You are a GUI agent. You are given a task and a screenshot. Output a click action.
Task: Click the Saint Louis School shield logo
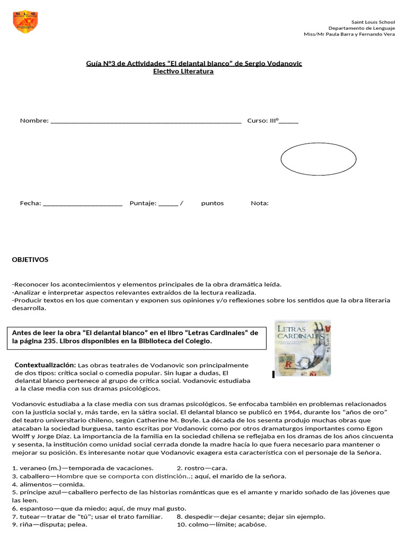pos(25,22)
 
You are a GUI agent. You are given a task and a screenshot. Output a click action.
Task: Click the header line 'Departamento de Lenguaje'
pos(361,28)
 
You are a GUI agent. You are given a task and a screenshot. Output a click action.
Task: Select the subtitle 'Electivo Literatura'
pos(183,71)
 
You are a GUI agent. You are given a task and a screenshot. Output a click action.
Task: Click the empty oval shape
pos(318,159)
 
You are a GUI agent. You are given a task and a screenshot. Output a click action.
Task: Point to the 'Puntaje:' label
pos(143,203)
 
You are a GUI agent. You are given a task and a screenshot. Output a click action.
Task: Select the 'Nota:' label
pos(260,203)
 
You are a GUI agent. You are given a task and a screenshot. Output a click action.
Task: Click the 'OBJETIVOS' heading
pos(30,260)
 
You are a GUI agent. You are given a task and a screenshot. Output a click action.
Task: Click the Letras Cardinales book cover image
pos(303,348)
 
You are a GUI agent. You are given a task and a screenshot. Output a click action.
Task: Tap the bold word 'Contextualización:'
pos(46,365)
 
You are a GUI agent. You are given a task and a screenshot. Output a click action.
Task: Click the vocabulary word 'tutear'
pos(30,517)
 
